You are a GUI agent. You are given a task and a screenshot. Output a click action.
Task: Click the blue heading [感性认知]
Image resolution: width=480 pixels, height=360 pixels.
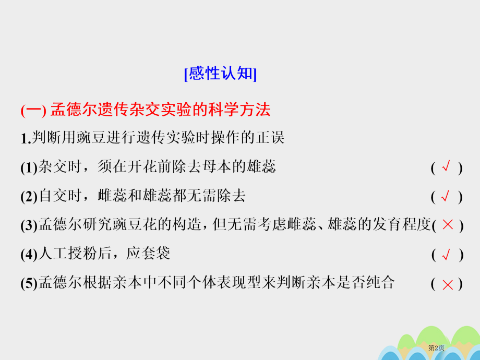(x=221, y=74)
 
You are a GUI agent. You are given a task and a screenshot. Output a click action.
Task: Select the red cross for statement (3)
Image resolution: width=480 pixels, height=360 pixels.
(x=447, y=225)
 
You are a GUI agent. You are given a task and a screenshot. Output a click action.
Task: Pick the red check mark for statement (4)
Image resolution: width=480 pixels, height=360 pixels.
(x=446, y=255)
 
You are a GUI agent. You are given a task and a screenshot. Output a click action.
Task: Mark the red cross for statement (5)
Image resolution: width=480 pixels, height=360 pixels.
(x=447, y=284)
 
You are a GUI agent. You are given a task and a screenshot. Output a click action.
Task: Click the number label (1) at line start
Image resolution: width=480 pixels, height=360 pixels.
(x=29, y=168)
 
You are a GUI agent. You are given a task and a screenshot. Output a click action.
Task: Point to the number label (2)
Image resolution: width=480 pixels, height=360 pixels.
(x=29, y=197)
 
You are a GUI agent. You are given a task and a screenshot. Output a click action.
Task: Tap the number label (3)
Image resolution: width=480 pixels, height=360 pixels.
(x=29, y=225)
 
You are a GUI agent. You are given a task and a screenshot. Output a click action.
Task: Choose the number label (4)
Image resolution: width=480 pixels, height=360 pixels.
(x=29, y=255)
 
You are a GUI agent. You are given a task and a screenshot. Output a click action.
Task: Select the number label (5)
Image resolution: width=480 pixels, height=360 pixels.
(x=29, y=284)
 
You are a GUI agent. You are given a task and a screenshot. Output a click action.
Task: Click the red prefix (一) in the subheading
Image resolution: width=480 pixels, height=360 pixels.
(x=34, y=110)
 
